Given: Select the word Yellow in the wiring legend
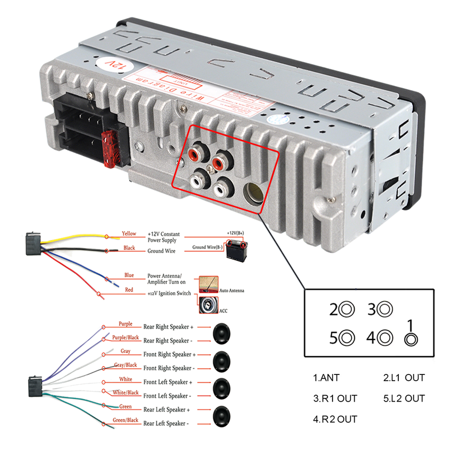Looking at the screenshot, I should (129, 233).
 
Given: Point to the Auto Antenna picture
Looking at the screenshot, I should (209, 285).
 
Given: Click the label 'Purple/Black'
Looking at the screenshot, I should (125, 338).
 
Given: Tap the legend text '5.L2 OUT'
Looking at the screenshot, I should (404, 398).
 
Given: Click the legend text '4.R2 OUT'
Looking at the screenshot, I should (335, 419).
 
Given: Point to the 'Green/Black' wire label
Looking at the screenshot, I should (125, 420).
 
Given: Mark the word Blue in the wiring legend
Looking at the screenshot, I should (129, 275).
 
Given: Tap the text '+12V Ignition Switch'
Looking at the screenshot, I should (169, 294).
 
